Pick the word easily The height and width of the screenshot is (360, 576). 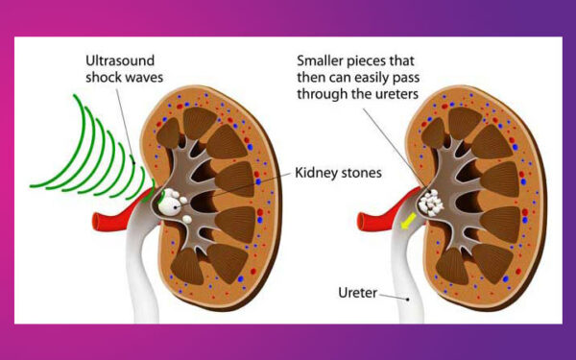click(377, 77)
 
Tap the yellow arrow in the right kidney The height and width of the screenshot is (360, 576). click(409, 221)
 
